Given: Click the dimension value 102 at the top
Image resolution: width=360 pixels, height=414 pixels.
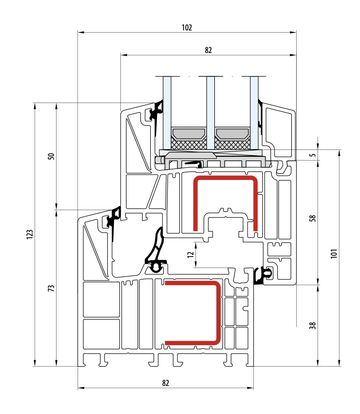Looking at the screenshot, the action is pyautogui.click(x=187, y=27).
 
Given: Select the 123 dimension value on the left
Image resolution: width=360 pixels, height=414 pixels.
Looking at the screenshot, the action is pyautogui.click(x=30, y=234).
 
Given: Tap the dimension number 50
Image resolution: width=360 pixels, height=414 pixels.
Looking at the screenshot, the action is pyautogui.click(x=51, y=156).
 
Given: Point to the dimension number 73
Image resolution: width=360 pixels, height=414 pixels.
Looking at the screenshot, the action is pyautogui.click(x=51, y=288).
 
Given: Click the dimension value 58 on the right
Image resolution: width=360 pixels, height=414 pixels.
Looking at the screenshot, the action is pyautogui.click(x=312, y=218).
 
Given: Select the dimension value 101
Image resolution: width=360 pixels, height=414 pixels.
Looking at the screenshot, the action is pyautogui.click(x=334, y=254).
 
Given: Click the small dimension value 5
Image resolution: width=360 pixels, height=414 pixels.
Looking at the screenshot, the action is pyautogui.click(x=313, y=155).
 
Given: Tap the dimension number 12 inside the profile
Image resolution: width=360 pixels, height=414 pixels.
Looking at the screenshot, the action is pyautogui.click(x=190, y=255).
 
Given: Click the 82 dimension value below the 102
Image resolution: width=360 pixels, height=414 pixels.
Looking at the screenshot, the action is pyautogui.click(x=208, y=50).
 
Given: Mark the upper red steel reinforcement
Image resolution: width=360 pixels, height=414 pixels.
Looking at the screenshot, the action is pyautogui.click(x=226, y=178).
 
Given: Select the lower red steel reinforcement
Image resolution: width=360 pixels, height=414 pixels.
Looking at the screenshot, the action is pyautogui.click(x=218, y=313).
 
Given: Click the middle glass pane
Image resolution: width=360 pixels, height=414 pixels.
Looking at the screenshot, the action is pyautogui.click(x=210, y=113).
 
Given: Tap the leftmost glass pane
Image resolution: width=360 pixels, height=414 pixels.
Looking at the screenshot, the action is pyautogui.click(x=167, y=113).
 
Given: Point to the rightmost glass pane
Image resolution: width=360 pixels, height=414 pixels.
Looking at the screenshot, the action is pyautogui.click(x=254, y=113).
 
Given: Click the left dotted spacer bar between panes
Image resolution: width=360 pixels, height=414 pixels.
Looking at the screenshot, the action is pyautogui.click(x=189, y=134).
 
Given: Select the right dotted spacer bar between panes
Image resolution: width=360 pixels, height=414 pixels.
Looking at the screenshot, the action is pyautogui.click(x=232, y=134).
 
